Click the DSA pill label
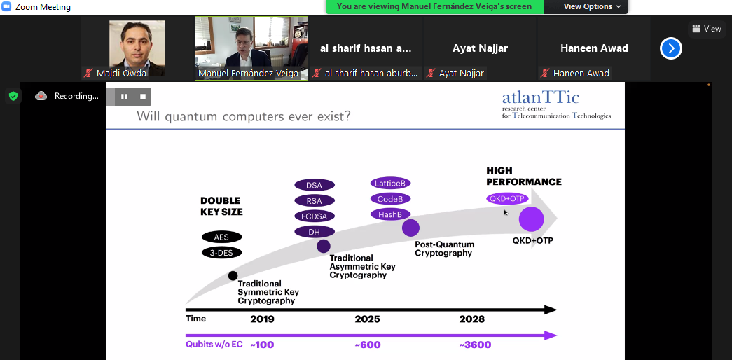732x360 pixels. pos(315,185)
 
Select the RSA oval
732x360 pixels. pos(315,201)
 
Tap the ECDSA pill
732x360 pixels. pos(315,216)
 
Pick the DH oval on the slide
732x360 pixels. pos(315,232)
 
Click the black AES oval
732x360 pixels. pos(222,237)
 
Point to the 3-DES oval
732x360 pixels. pos(222,253)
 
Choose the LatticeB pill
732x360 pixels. pos(390,183)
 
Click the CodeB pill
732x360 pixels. pos(390,198)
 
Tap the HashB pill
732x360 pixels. pos(390,214)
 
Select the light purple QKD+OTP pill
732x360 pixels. pos(507,198)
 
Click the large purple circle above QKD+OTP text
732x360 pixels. pos(531,219)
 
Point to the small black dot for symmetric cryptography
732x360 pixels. pos(233,275)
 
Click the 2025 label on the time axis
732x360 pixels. pos(367,319)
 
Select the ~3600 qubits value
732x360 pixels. pos(475,345)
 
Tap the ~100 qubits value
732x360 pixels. pos(262,345)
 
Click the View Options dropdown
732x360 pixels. pos(593,6)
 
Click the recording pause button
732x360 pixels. pos(124,97)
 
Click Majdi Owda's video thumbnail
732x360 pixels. pos(137,48)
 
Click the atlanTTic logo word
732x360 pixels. pos(541,97)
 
